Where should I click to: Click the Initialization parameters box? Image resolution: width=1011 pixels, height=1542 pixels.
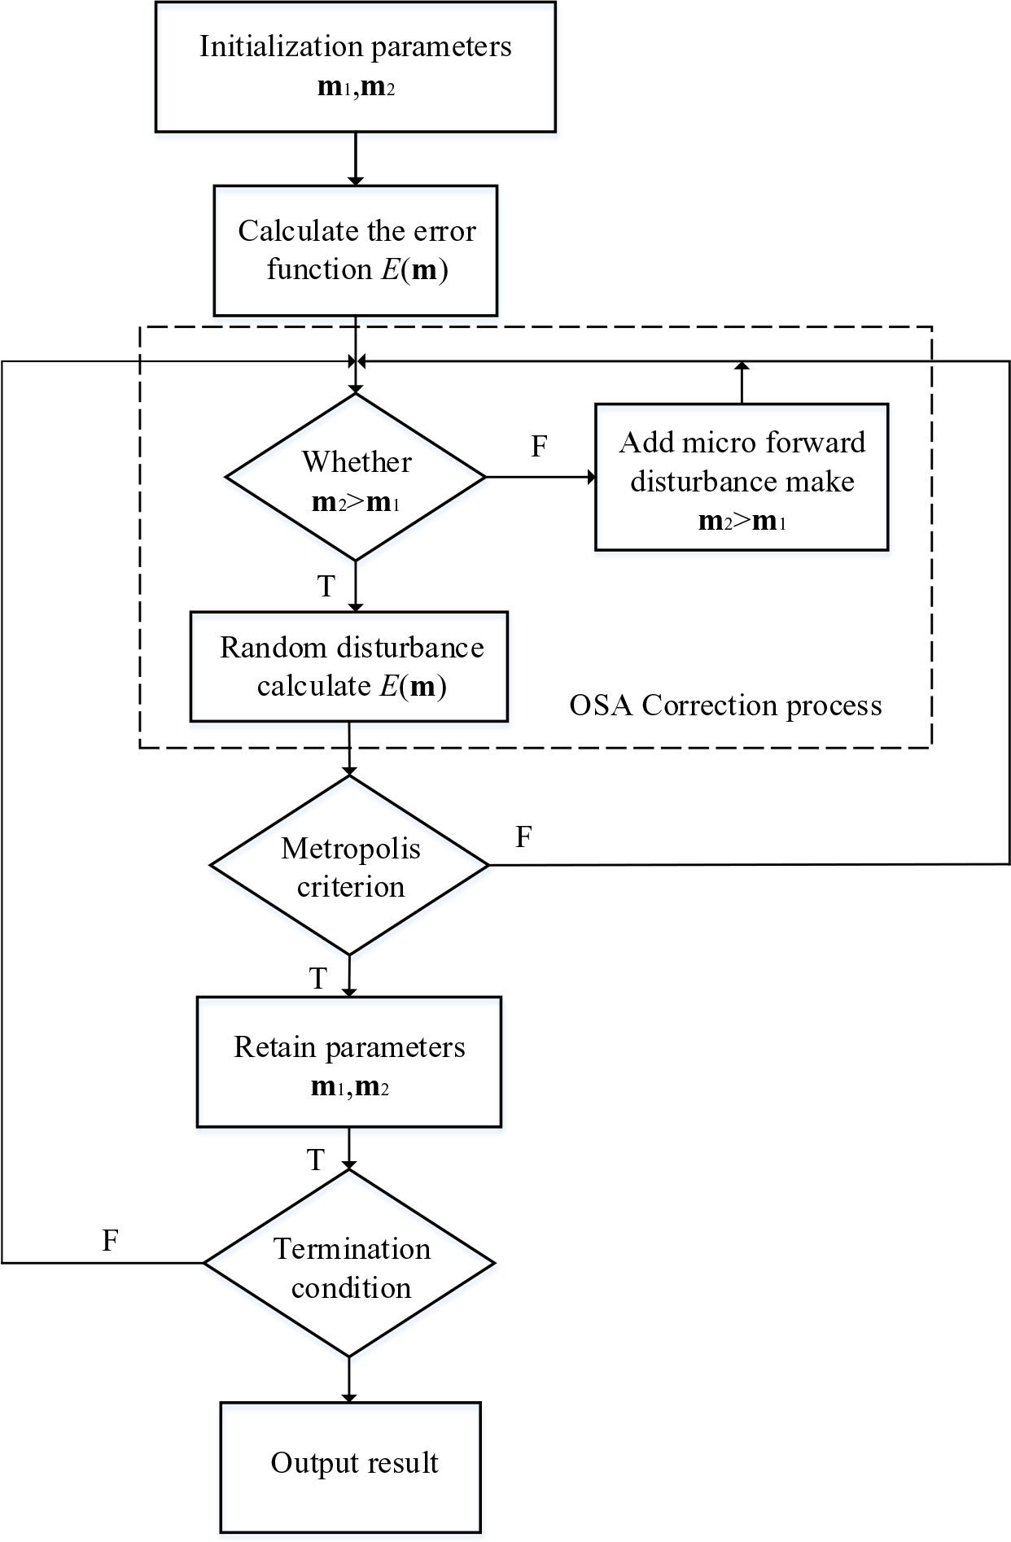click(x=355, y=67)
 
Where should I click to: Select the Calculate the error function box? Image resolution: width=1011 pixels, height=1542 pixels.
click(x=355, y=251)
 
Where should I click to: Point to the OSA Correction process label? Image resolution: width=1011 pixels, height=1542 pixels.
click(x=724, y=705)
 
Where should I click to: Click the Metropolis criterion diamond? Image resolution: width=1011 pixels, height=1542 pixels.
click(x=349, y=865)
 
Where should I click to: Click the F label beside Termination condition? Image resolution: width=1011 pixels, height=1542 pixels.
click(x=110, y=1240)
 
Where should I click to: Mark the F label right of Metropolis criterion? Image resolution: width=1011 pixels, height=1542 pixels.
click(x=524, y=837)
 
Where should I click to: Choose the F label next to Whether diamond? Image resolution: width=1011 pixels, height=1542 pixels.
click(x=539, y=447)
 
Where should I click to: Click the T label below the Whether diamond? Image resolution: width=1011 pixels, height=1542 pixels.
click(x=326, y=587)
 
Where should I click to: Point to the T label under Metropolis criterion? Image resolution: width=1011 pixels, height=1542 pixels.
click(x=317, y=978)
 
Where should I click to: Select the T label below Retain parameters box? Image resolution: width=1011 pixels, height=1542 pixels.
click(x=316, y=1160)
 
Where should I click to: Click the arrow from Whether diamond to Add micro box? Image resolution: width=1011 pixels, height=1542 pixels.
click(x=541, y=478)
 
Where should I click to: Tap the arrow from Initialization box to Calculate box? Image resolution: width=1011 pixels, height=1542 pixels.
click(x=355, y=159)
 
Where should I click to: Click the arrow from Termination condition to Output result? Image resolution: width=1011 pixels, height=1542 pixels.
click(x=349, y=1379)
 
